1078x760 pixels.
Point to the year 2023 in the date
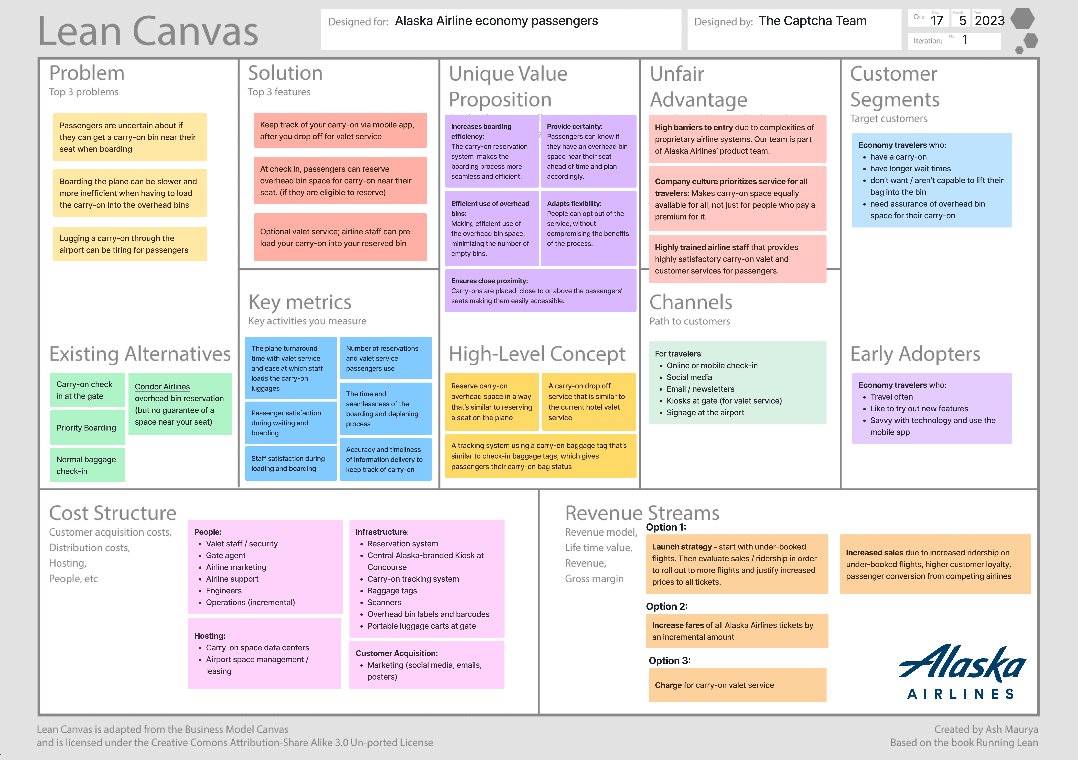pyautogui.click(x=989, y=21)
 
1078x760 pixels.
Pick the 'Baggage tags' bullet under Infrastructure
pyautogui.click(x=392, y=590)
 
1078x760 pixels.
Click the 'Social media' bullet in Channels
pyautogui.click(x=689, y=377)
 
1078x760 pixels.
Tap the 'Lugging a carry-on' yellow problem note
pyautogui.click(x=130, y=244)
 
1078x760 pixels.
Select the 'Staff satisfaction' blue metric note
pyautogui.click(x=291, y=463)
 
